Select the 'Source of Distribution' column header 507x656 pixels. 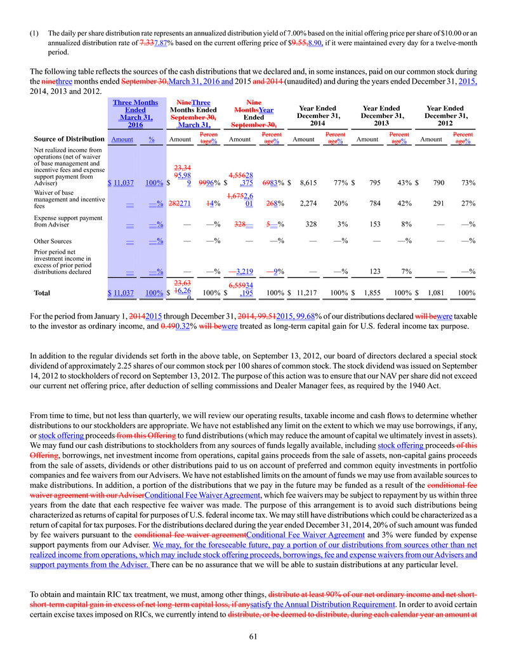tap(69, 138)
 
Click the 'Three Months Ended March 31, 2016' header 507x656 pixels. tap(135, 113)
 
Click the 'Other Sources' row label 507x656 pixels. tap(53, 241)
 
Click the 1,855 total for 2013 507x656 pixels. tap(371, 293)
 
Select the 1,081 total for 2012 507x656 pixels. tap(434, 293)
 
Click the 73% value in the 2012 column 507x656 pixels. tap(469, 183)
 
